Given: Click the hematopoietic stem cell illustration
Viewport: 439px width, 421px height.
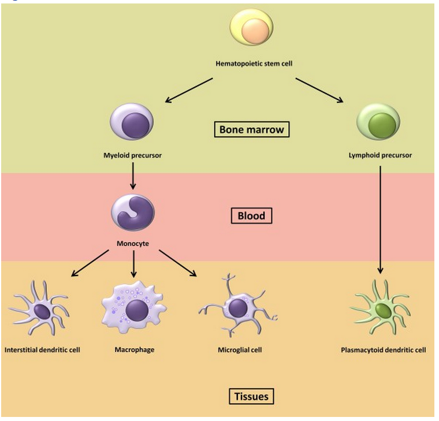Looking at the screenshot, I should [x=251, y=28].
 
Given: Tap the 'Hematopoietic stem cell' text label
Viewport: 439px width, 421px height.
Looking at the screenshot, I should [x=254, y=63].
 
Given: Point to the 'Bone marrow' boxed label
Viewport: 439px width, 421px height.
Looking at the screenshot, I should [x=252, y=129].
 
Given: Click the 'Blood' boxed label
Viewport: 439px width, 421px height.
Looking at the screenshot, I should [x=251, y=216].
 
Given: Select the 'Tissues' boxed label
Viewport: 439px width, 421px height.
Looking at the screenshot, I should [x=251, y=397].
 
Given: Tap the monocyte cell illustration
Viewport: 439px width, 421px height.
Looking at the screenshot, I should [x=132, y=213].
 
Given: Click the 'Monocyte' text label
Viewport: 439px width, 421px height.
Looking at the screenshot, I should [x=133, y=244].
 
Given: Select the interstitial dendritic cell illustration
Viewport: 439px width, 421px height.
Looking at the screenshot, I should [x=40, y=311].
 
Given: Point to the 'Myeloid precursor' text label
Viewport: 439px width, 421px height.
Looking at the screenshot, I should [x=133, y=155].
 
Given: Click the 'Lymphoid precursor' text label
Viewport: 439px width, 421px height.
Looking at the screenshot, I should [x=381, y=155].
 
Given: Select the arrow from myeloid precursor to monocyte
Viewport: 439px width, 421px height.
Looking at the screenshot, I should [x=133, y=176].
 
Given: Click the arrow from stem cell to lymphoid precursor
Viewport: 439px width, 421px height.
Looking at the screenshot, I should [x=319, y=90].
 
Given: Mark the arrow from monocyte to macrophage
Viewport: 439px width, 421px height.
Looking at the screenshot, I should [x=133, y=264].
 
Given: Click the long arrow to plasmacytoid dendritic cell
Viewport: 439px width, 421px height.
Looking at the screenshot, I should [x=380, y=219].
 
